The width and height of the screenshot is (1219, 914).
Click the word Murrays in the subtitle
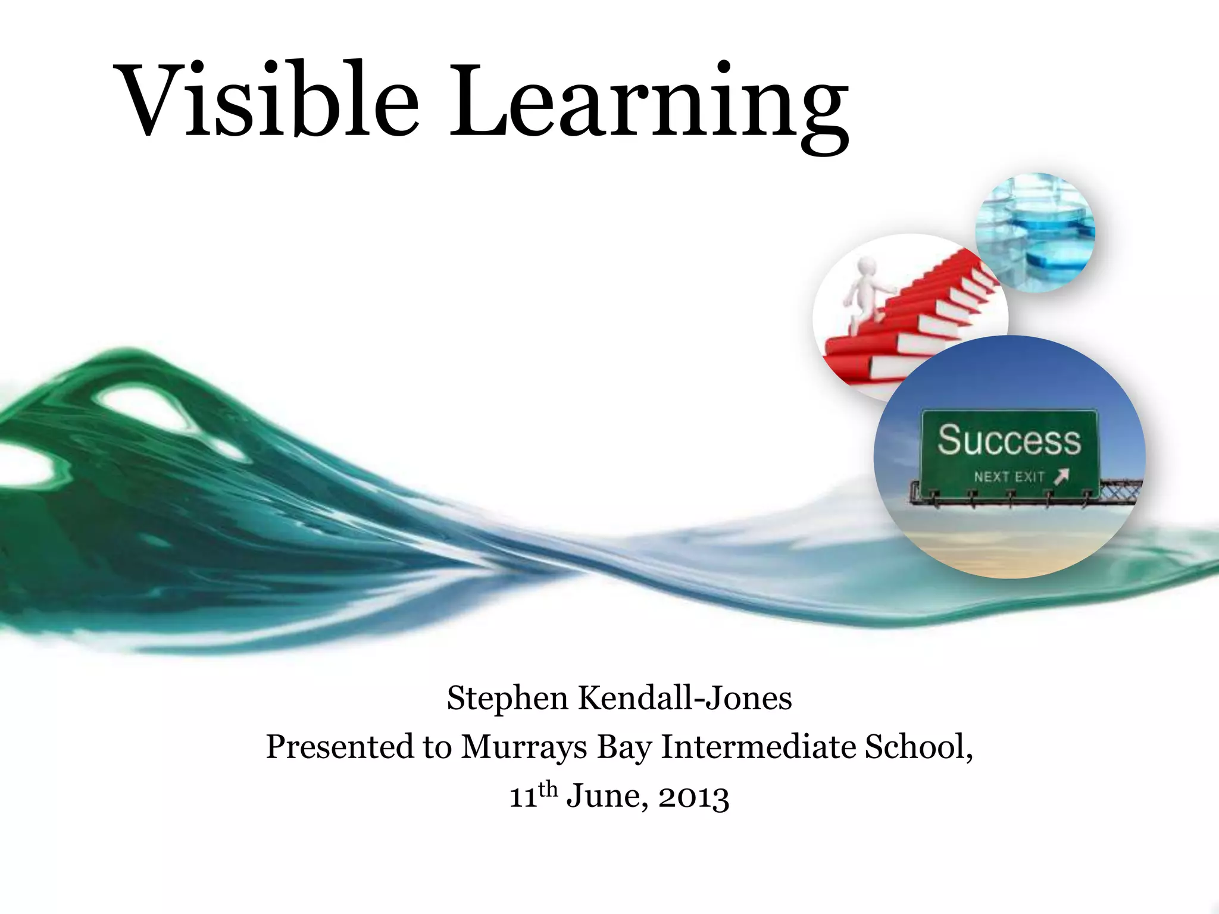point(523,747)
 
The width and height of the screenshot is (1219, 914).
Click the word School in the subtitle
point(917,746)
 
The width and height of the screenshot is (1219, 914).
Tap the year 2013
point(693,797)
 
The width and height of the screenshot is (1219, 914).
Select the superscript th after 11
point(548,789)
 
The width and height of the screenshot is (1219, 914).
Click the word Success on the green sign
point(1009,441)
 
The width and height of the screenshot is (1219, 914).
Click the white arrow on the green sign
point(1062,476)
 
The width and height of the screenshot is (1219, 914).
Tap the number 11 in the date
point(523,797)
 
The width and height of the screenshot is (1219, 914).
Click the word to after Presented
point(437,747)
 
